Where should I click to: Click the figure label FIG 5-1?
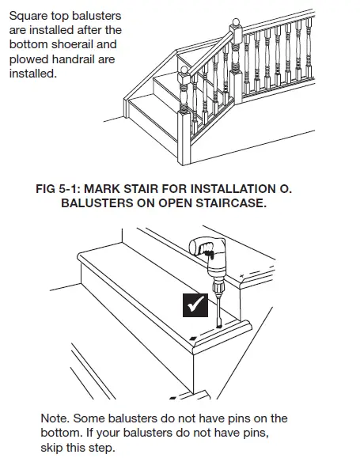(x=62, y=190)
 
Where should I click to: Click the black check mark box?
(x=195, y=304)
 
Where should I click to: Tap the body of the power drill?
(x=213, y=262)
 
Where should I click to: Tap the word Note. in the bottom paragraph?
(x=56, y=418)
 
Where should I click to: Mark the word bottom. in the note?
(x=63, y=433)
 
